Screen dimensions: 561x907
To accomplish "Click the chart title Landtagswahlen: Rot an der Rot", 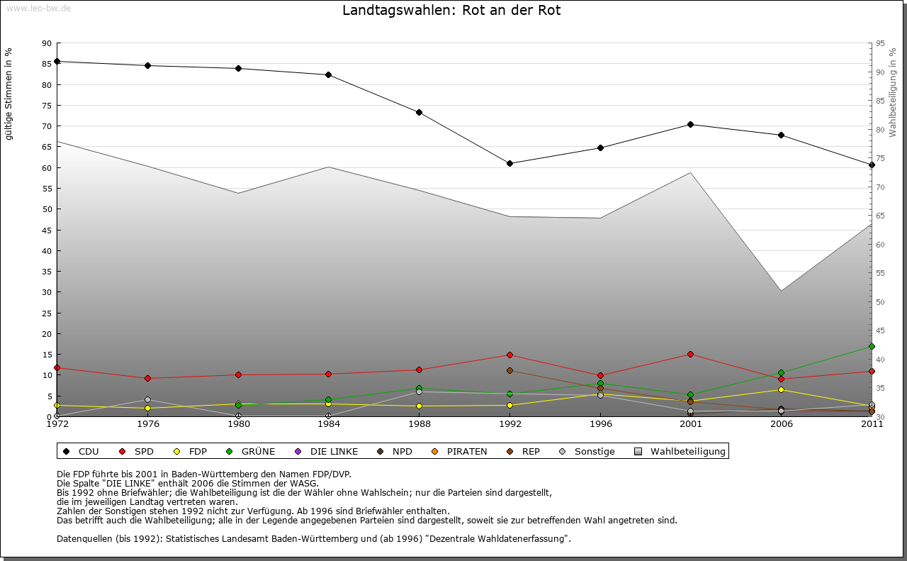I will pyautogui.click(x=451, y=11).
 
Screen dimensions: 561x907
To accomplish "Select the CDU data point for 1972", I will pyautogui.click(x=57, y=61).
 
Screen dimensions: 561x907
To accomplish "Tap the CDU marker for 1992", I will pyautogui.click(x=509, y=163).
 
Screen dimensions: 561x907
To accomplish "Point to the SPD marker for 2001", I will pyautogui.click(x=691, y=354).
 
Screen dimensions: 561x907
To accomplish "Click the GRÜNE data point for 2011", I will pyautogui.click(x=872, y=346).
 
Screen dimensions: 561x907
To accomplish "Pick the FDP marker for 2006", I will pyautogui.click(x=781, y=389).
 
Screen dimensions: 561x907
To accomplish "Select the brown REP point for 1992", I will pyautogui.click(x=509, y=370).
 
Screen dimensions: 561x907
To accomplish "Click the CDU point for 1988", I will pyautogui.click(x=419, y=112).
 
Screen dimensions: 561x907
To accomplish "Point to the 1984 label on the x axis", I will pyautogui.click(x=329, y=424).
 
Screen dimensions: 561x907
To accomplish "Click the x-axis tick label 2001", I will pyautogui.click(x=691, y=424).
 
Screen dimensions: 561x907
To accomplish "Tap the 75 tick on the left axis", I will pyautogui.click(x=46, y=106).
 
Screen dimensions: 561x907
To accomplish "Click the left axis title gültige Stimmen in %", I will pyautogui.click(x=9, y=94).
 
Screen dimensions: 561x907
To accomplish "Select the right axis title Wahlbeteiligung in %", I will pyautogui.click(x=893, y=93).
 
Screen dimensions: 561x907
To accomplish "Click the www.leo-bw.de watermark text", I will pyautogui.click(x=38, y=8).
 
